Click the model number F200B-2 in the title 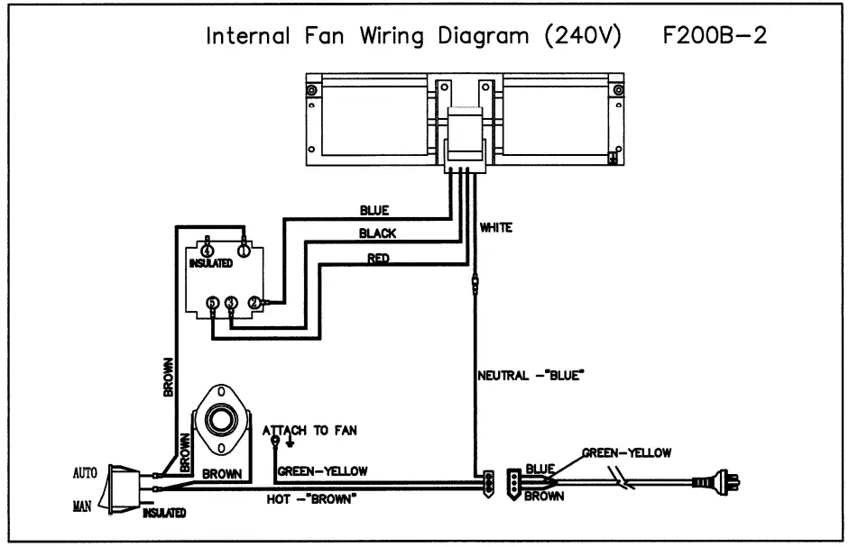715,36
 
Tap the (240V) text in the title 583,36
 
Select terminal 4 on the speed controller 208,251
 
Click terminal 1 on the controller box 244,251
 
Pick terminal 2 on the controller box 254,303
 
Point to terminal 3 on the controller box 231,303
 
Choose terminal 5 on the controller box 213,303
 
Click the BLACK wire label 377,233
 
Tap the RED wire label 378,258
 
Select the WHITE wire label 496,228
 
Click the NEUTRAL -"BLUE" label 531,376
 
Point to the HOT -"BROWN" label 311,499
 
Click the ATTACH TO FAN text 309,431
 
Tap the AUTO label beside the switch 85,473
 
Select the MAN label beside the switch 82,506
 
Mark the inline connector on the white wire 475,284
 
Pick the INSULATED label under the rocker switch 164,513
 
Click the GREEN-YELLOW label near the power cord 626,453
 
